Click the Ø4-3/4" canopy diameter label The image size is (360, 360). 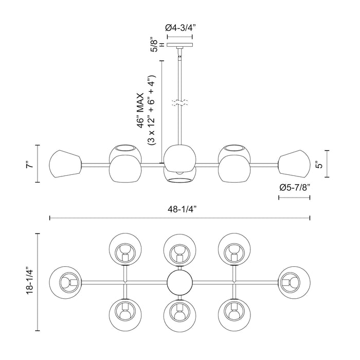click(178, 28)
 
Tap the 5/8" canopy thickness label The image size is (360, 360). click(154, 46)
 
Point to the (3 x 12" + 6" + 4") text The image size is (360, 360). click(151, 111)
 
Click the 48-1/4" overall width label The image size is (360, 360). click(179, 209)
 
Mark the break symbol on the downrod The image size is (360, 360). click(178, 102)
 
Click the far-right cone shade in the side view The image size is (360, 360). click(295, 164)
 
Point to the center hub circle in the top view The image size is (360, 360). click(179, 282)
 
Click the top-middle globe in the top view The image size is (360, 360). click(179, 249)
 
